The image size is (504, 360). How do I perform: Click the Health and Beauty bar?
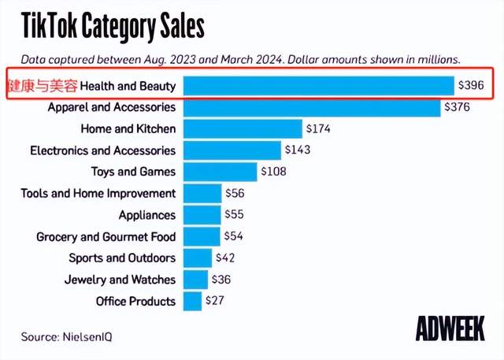click(318, 85)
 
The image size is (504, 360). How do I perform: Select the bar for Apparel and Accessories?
click(311, 106)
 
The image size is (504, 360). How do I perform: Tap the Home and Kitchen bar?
click(242, 128)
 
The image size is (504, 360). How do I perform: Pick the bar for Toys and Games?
click(220, 171)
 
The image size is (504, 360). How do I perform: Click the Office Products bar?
click(191, 301)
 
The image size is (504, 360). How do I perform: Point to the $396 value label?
click(475, 85)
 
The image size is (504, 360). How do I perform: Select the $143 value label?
click(299, 150)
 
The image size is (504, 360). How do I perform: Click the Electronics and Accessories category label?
click(102, 150)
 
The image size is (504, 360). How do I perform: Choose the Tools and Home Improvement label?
click(98, 193)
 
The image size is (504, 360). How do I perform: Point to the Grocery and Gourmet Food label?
click(106, 236)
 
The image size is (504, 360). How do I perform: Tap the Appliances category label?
click(146, 214)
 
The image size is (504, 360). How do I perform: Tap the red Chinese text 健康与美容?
click(43, 85)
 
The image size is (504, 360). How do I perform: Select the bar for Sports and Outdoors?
click(197, 258)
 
